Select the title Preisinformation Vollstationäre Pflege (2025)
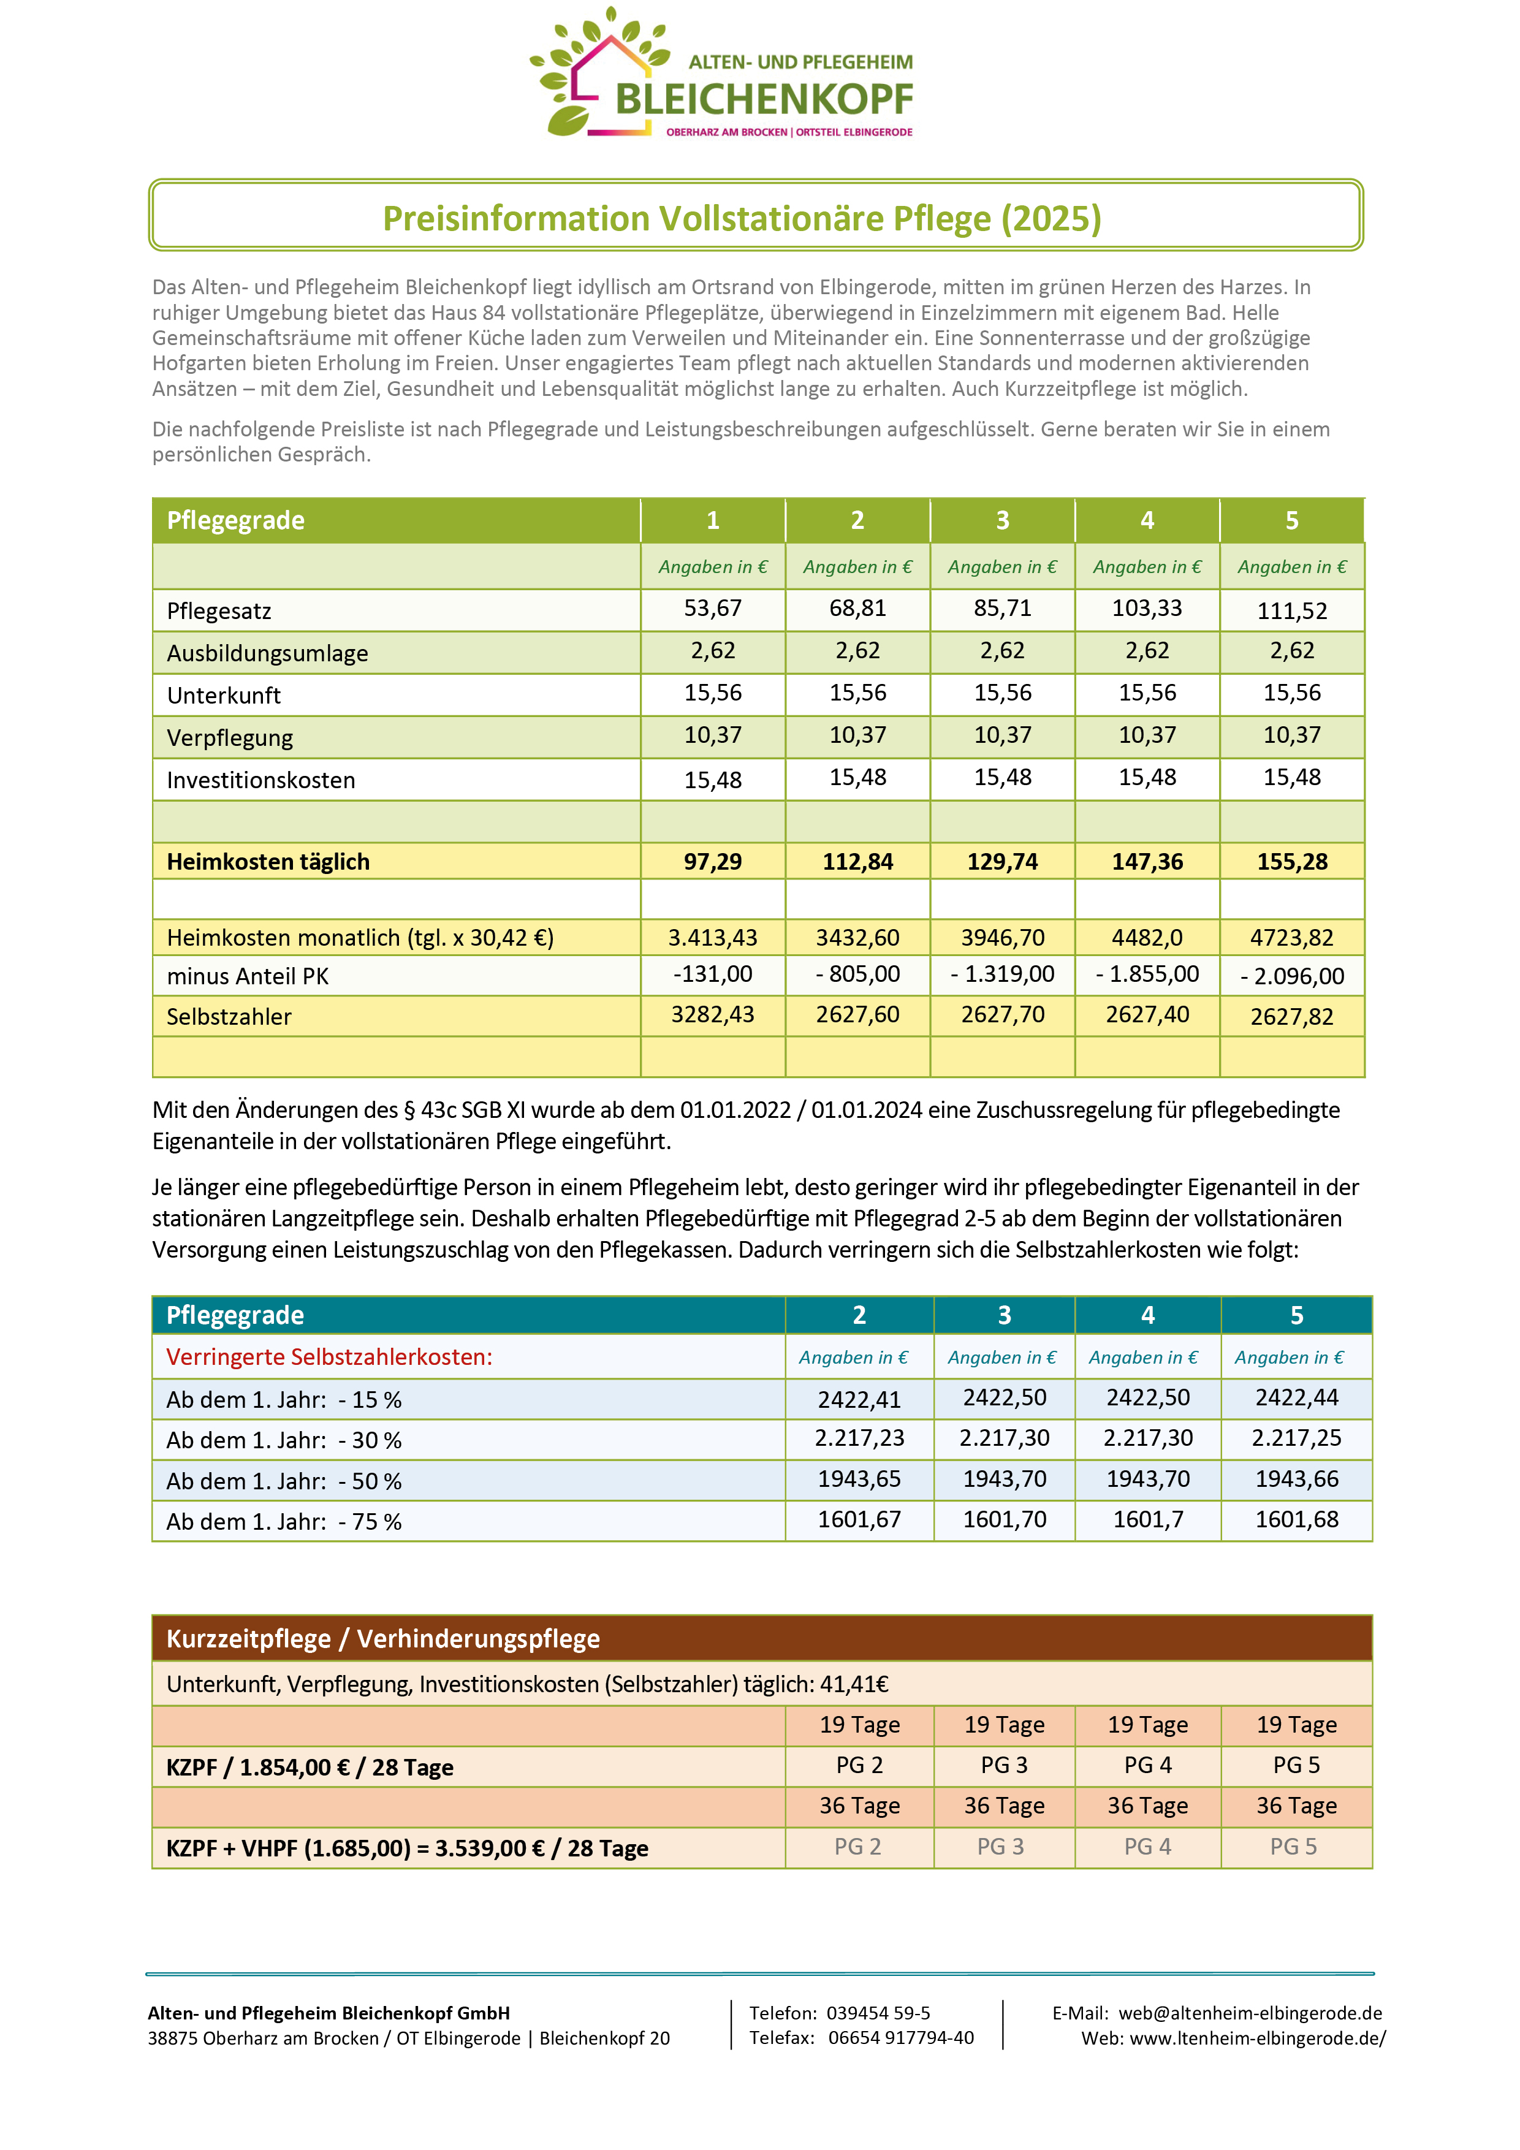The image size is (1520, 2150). (742, 218)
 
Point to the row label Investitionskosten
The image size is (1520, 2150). (260, 780)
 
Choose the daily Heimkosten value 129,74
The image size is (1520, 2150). (1002, 862)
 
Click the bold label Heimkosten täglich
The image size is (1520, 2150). (268, 862)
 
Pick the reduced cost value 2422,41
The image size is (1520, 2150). (859, 1400)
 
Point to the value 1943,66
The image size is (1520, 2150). (1296, 1480)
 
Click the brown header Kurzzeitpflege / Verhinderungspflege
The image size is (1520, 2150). (383, 1639)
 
